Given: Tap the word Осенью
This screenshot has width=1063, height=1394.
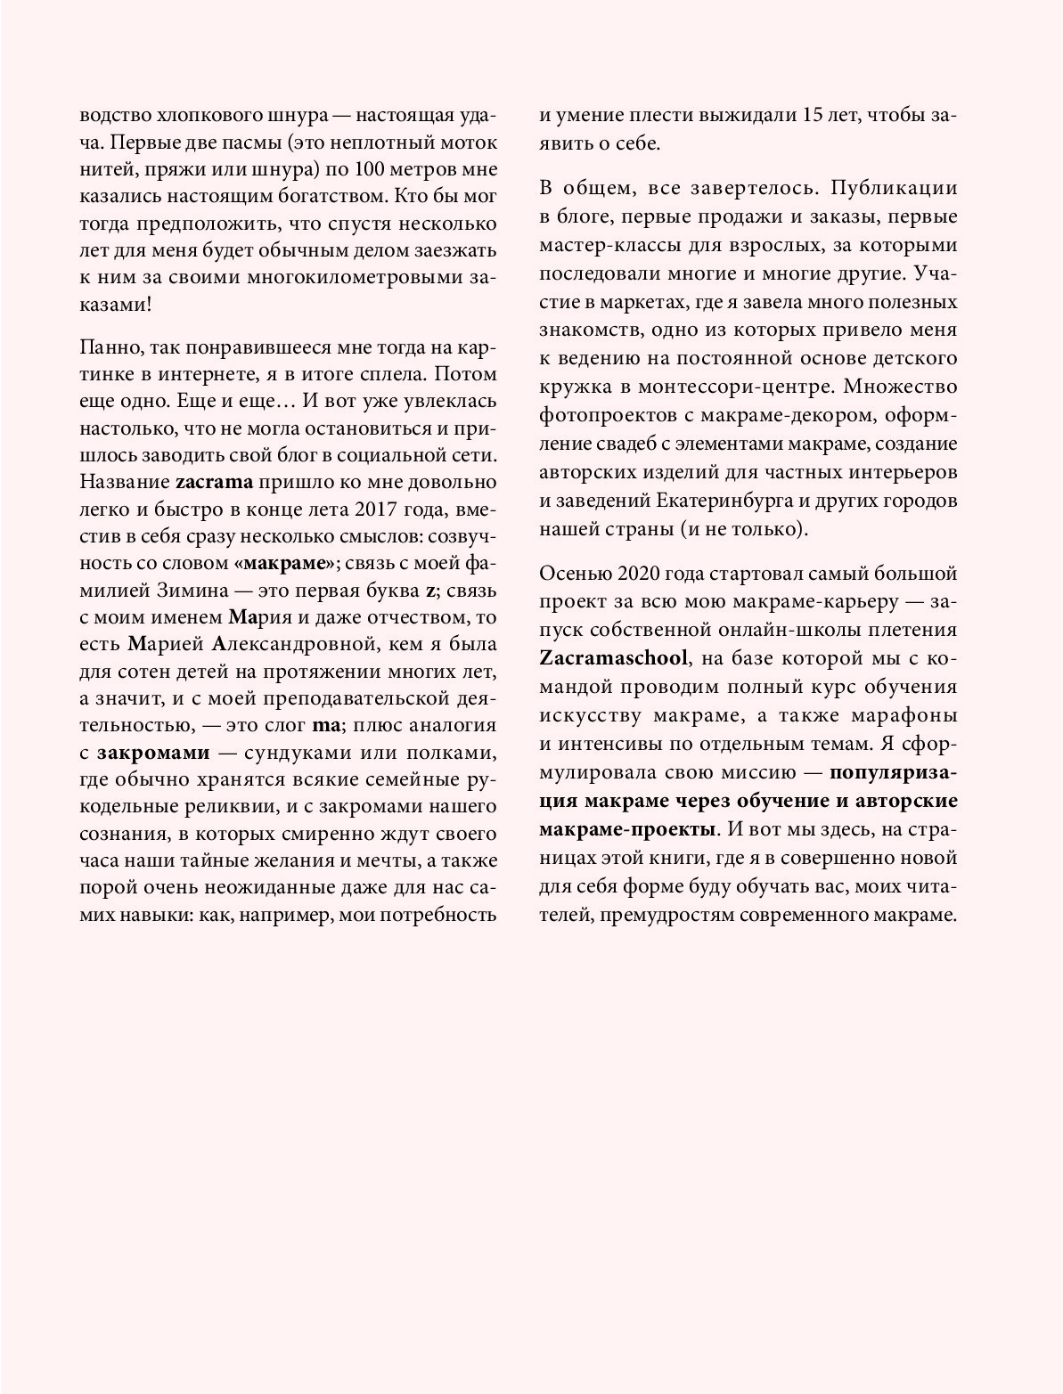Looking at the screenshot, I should point(571,572).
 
